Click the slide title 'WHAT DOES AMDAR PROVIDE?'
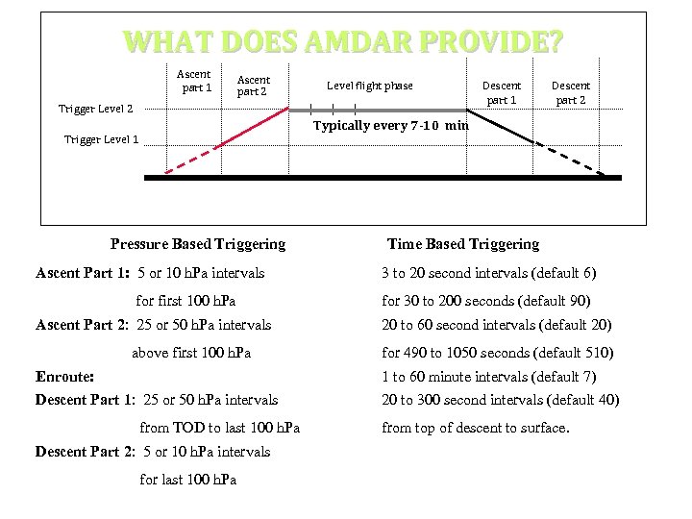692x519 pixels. coord(343,42)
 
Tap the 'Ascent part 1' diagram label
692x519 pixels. coord(195,82)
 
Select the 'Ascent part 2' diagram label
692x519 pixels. coord(254,86)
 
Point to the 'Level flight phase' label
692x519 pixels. coord(370,86)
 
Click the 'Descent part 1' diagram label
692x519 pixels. coord(501,92)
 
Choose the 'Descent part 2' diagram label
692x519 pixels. coord(571,92)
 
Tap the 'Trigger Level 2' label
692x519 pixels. coord(96,110)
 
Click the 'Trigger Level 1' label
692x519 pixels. coord(101,139)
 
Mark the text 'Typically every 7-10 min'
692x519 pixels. coord(391,125)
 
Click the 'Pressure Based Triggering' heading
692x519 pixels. coord(198,244)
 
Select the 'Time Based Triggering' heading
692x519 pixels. coord(463,244)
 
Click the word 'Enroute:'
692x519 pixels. coord(64,377)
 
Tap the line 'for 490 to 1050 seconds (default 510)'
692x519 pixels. coord(497,353)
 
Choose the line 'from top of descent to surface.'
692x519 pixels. coord(476,428)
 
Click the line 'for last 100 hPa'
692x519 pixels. coord(187,479)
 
